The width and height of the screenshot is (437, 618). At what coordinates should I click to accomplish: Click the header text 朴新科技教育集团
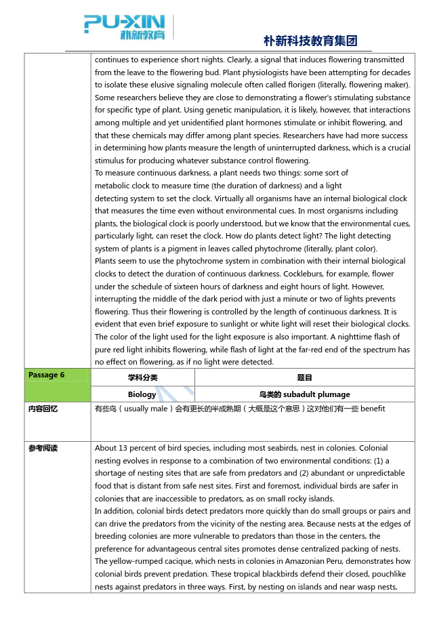pyautogui.click(x=310, y=41)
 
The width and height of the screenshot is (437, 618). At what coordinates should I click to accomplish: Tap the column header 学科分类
pyautogui.click(x=142, y=377)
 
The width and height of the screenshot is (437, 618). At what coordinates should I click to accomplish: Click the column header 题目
pyautogui.click(x=304, y=377)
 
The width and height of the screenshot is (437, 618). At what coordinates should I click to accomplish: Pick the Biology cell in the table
pyautogui.click(x=142, y=394)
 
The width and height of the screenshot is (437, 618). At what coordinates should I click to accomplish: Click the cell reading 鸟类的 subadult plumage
pyautogui.click(x=304, y=394)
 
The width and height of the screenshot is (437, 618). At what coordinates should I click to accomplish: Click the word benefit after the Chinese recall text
pyautogui.click(x=373, y=409)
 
